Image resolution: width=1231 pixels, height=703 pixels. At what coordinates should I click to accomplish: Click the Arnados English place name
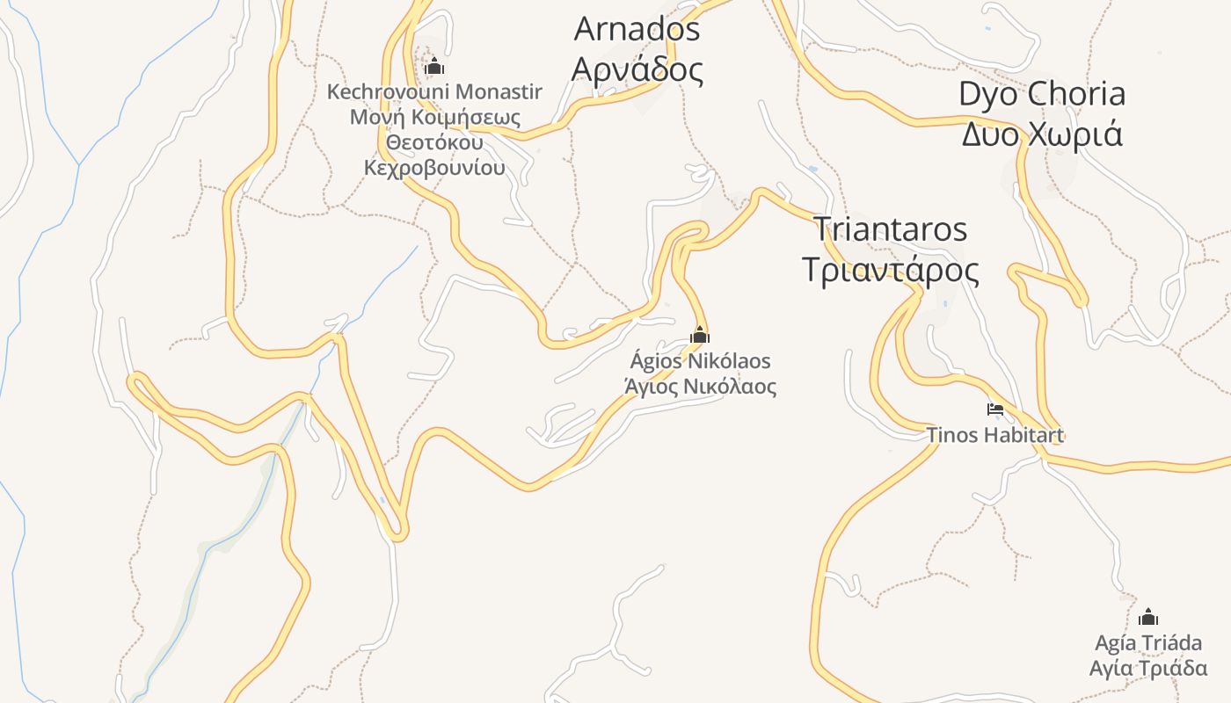[637, 29]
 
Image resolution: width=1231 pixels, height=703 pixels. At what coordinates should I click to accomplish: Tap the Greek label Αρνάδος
[637, 69]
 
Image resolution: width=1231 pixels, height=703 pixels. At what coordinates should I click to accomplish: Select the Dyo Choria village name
[1041, 94]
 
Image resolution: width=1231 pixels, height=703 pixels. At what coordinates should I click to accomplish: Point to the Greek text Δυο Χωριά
[1041, 134]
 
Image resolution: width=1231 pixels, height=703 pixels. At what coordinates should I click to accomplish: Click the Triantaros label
[890, 229]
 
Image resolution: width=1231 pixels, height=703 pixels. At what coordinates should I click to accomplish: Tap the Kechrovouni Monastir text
[434, 91]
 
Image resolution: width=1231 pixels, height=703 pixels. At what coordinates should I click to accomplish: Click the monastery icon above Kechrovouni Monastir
[434, 66]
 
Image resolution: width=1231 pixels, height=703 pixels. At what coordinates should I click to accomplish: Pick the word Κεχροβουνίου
[434, 167]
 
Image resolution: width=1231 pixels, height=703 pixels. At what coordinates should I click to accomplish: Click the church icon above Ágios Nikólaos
[699, 335]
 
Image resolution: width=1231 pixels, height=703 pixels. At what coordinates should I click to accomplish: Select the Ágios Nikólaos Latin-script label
[700, 361]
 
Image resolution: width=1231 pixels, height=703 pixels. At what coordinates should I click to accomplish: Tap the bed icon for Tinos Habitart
[995, 409]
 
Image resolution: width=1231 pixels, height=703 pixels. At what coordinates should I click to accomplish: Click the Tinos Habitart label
[995, 434]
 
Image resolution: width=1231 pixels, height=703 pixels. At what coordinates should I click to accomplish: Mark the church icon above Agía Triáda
[1147, 617]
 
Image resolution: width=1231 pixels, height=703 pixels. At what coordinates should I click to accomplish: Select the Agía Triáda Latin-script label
[1147, 642]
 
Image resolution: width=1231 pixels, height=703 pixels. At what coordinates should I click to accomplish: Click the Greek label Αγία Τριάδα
[1147, 668]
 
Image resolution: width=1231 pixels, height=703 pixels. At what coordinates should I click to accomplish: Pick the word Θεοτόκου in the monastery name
[434, 141]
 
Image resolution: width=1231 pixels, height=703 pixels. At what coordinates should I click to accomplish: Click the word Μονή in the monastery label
[370, 117]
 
